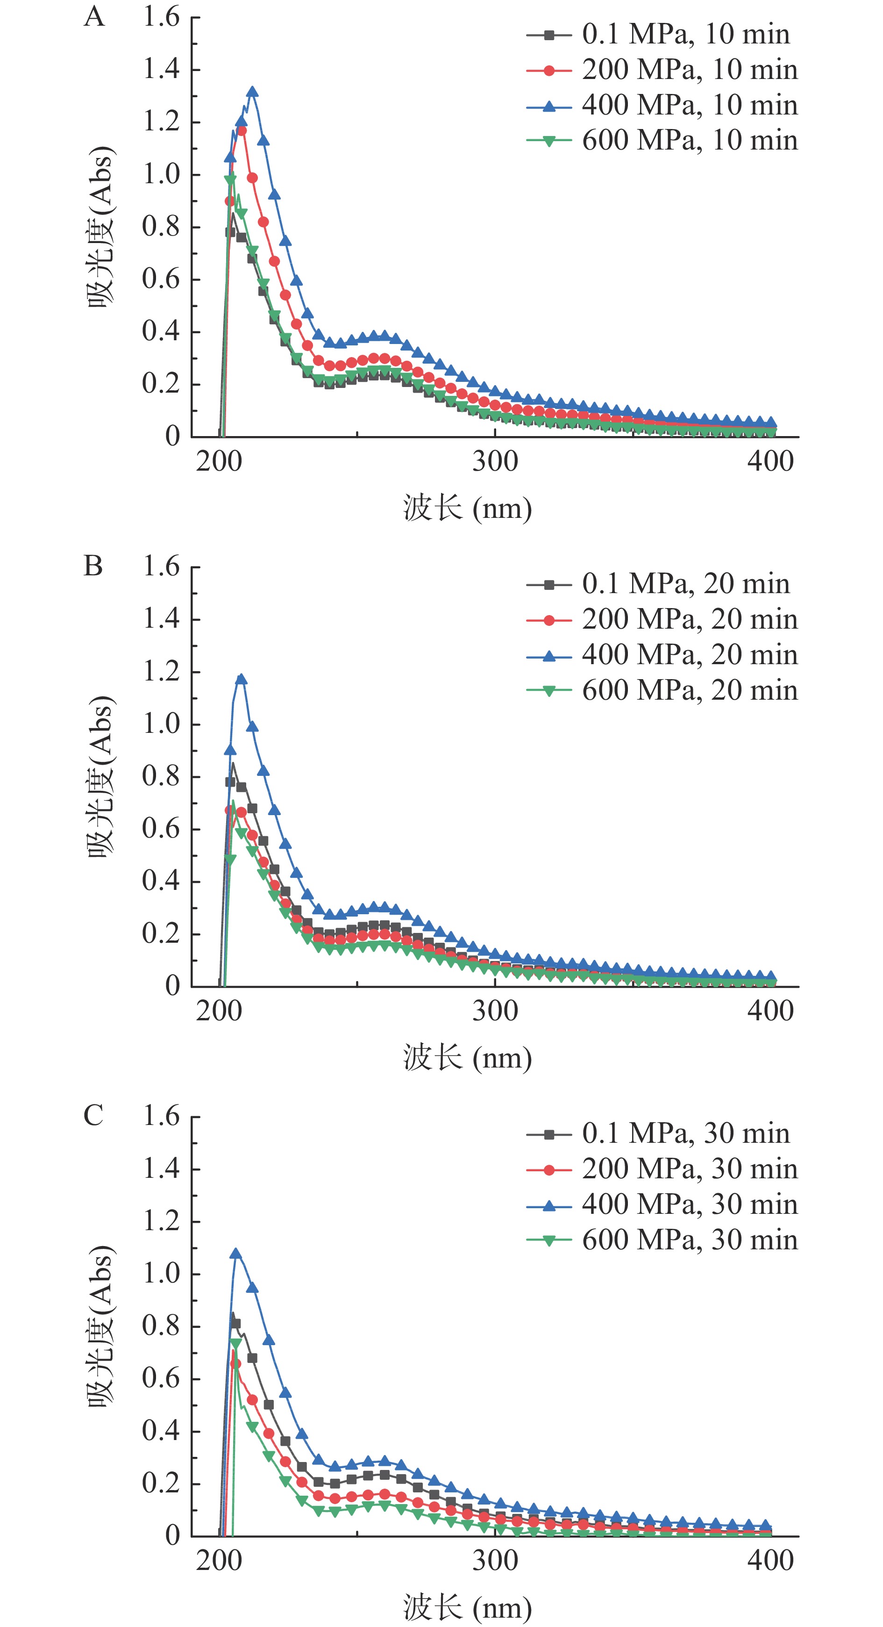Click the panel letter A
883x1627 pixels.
[x=94, y=16]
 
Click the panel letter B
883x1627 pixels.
[x=93, y=566]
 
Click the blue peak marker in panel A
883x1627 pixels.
[x=252, y=92]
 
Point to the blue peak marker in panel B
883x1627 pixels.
[x=241, y=680]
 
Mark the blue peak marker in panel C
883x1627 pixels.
[x=236, y=1254]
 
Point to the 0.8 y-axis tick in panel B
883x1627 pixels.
[x=162, y=776]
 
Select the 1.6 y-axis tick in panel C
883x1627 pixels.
[x=162, y=1116]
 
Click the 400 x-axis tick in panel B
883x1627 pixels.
[x=771, y=1011]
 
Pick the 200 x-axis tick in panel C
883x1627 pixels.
[x=219, y=1561]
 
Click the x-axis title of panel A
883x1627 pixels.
[x=468, y=509]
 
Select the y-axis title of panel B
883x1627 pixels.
[x=101, y=776]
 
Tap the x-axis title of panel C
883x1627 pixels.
[x=468, y=1607]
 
